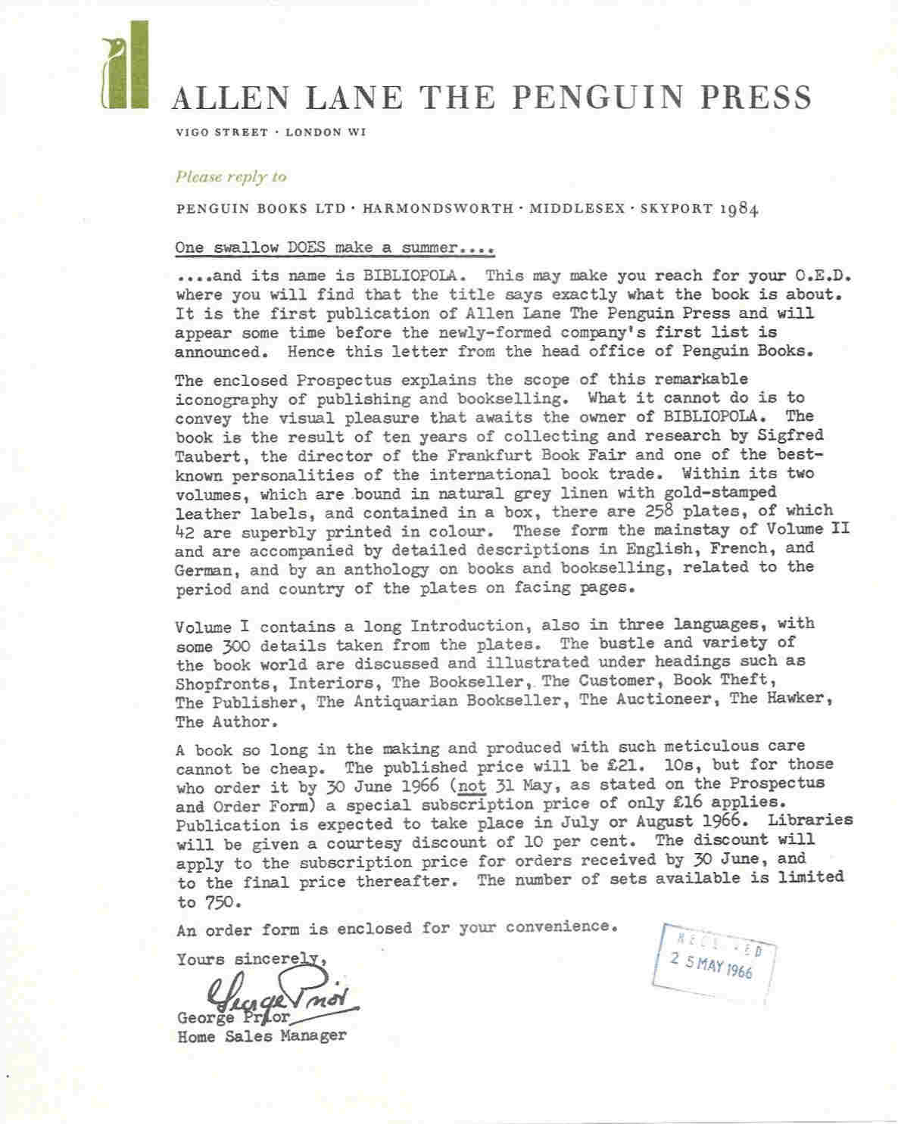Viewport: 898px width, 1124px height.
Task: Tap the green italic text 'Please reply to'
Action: coord(231,177)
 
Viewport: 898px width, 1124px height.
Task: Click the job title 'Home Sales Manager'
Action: coord(261,1036)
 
